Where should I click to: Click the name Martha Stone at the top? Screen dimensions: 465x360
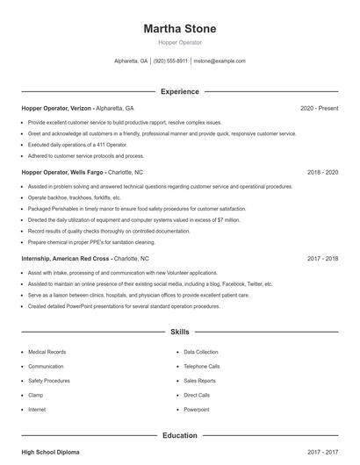pos(180,29)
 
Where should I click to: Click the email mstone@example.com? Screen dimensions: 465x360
pos(219,61)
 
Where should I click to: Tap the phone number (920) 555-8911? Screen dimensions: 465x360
pos(171,61)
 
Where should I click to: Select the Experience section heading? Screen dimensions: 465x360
pos(179,91)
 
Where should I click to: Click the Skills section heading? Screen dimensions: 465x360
pos(179,333)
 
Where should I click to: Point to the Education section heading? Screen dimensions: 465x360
pos(179,435)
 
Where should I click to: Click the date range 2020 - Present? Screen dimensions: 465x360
pos(319,108)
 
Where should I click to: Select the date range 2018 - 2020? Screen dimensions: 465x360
pos(322,173)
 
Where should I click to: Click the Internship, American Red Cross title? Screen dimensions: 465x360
pos(66,259)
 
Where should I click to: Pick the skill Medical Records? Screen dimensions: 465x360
pos(49,352)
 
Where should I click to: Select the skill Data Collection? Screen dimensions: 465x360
pos(202,352)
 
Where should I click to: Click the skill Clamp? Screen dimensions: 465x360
pos(37,395)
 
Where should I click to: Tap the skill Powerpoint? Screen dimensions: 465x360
pos(197,410)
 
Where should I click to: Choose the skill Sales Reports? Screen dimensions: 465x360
pos(199,381)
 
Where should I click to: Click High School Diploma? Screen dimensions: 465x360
pos(50,452)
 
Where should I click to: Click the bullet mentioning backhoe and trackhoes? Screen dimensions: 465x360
pos(74,198)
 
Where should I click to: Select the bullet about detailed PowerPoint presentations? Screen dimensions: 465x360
pos(123,306)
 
